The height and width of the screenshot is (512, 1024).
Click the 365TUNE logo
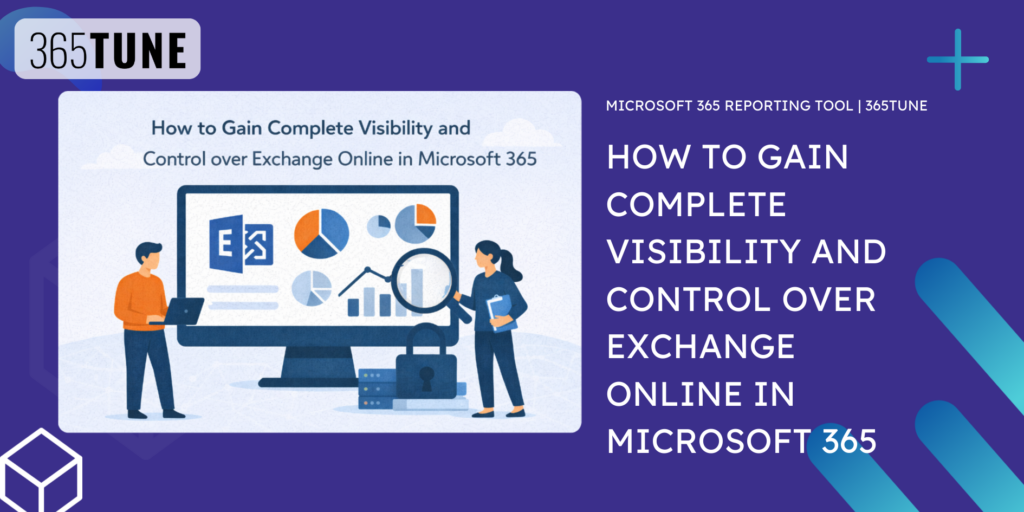pyautogui.click(x=108, y=50)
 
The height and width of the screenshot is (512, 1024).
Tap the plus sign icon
pyautogui.click(x=957, y=59)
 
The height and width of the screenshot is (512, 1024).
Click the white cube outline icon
pyautogui.click(x=41, y=470)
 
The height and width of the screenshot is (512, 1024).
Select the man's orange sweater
pyautogui.click(x=140, y=299)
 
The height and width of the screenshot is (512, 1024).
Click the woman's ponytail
pyautogui.click(x=513, y=264)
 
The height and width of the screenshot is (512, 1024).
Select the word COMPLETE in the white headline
pyautogui.click(x=697, y=205)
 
